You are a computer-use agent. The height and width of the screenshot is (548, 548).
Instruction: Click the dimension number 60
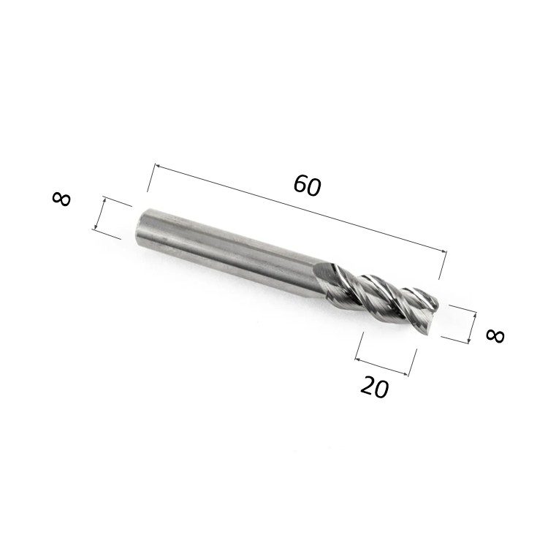pyautogui.click(x=307, y=186)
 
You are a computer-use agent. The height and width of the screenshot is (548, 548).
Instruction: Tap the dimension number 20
pyautogui.click(x=374, y=387)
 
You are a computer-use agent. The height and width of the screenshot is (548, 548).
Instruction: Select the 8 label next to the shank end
pyautogui.click(x=61, y=199)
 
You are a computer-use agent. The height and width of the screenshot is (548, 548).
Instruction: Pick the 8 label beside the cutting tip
pyautogui.click(x=495, y=336)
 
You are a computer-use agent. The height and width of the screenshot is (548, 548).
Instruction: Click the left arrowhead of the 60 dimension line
pyautogui.click(x=157, y=166)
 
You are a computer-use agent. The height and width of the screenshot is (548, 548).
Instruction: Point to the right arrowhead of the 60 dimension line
pyautogui.click(x=444, y=251)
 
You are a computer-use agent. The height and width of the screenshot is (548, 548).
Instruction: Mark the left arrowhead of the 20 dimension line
pyautogui.click(x=357, y=359)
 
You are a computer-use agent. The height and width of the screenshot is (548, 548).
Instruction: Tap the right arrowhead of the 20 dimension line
pyautogui.click(x=405, y=374)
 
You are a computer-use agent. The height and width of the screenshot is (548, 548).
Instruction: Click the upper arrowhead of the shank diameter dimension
pyautogui.click(x=104, y=199)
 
